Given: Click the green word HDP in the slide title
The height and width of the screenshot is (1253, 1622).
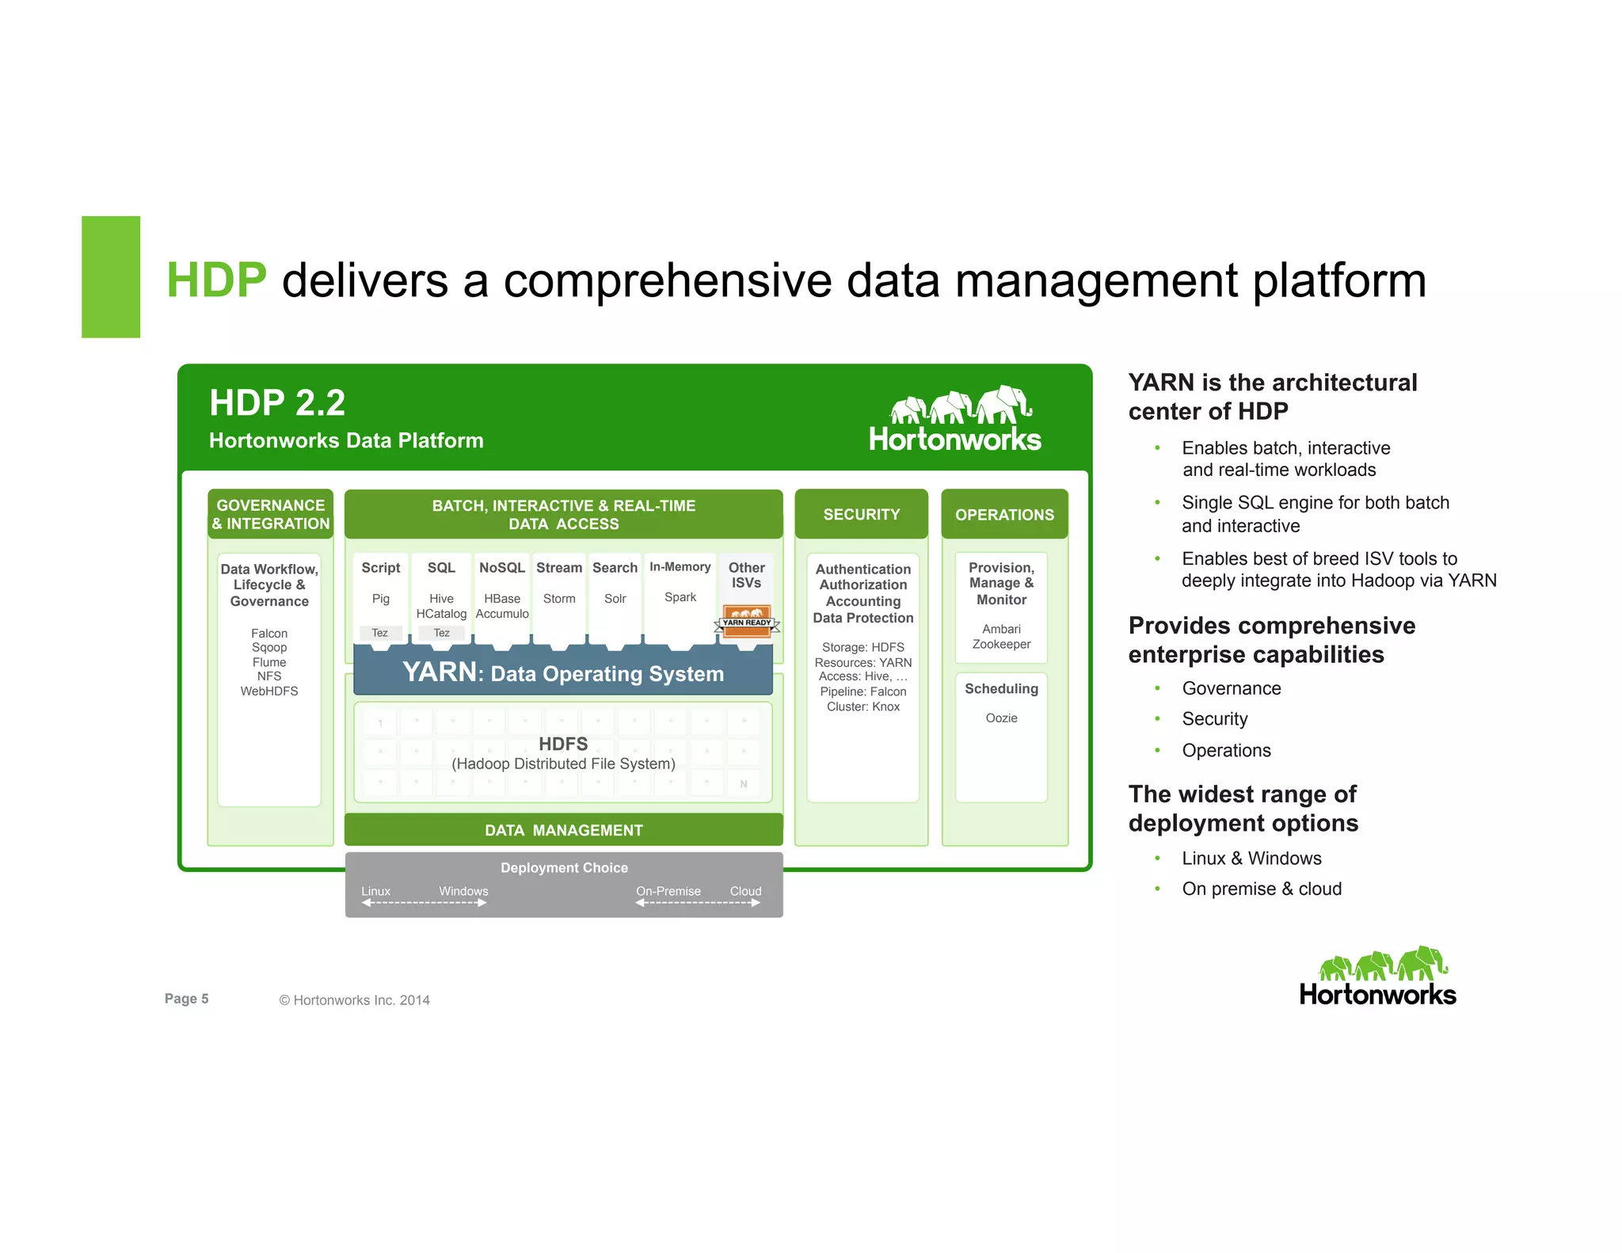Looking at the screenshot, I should [x=215, y=280].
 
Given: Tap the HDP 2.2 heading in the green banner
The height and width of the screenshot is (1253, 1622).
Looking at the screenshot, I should [x=277, y=403].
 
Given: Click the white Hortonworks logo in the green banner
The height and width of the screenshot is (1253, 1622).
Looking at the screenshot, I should [x=954, y=421].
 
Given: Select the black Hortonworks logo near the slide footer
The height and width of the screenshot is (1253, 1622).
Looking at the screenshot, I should [x=1377, y=977].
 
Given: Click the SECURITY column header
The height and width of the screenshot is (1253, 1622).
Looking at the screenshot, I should [x=861, y=515].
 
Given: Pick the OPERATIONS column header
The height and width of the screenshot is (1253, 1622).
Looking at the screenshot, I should [x=1004, y=515].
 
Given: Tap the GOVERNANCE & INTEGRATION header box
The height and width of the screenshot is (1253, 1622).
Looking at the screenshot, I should [x=270, y=515].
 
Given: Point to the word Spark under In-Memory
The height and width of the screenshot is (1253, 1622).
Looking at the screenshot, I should [x=680, y=597].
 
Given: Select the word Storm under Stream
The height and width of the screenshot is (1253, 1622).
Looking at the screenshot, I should [x=559, y=599].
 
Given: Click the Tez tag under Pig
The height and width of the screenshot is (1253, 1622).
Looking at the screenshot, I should [x=380, y=633].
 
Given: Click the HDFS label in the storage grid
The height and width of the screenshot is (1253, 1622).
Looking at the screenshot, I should [x=563, y=744].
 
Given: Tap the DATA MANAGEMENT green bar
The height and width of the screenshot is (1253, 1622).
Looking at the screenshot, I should [x=563, y=830].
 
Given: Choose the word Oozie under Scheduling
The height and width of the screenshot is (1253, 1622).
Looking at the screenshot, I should [x=1001, y=718].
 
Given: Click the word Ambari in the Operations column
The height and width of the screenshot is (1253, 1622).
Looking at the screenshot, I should [x=1001, y=629].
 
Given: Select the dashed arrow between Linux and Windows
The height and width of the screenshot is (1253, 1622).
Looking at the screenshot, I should [x=424, y=903].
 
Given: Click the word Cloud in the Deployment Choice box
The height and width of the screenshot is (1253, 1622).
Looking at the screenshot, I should [x=745, y=891].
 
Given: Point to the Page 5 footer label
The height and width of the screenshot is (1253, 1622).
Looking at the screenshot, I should [x=186, y=999].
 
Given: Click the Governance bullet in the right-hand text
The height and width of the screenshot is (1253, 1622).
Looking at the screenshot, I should [x=1231, y=688].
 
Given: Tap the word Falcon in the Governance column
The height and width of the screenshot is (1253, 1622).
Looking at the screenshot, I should [x=269, y=634].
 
